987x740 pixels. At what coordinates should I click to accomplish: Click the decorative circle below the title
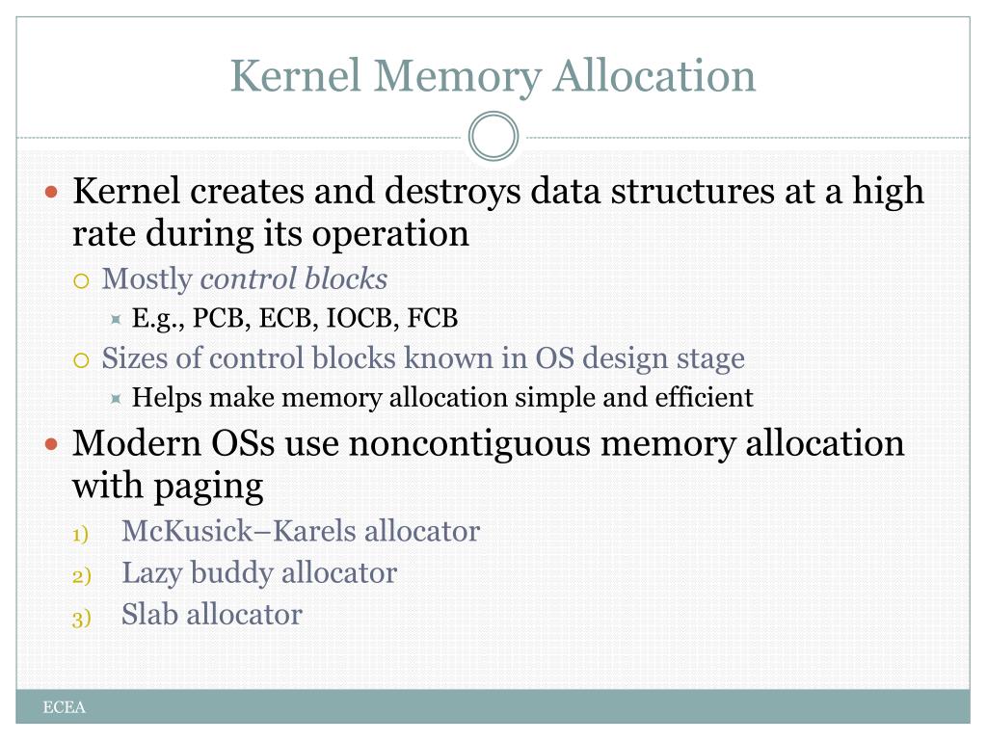coord(493,137)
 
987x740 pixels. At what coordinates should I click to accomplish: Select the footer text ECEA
coord(65,708)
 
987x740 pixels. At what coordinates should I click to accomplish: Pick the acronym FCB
coord(433,318)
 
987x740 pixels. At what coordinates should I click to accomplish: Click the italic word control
coord(248,279)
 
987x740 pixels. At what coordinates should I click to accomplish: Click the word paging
coord(209,487)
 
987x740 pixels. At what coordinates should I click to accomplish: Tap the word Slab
coord(149,614)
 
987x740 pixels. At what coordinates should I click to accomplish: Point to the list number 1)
coord(81,534)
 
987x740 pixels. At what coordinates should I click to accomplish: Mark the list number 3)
coord(81,618)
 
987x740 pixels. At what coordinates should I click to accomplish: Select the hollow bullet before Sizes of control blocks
coord(83,360)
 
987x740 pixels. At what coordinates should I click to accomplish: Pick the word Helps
coord(166,397)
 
